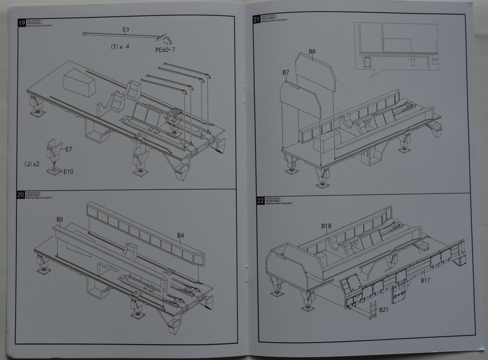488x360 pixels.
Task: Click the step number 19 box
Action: pos(22,23)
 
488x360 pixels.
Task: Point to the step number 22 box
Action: pos(261,201)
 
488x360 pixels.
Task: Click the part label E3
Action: pos(125,29)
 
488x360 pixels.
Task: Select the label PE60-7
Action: pos(165,50)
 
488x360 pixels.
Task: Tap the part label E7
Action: pos(69,149)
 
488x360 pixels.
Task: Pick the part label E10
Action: pos(68,172)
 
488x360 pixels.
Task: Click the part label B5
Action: pos(60,219)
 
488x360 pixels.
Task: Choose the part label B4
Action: pos(181,236)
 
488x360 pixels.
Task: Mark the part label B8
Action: pos(312,51)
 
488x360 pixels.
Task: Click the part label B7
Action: pos(286,72)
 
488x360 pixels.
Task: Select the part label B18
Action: pos(326,226)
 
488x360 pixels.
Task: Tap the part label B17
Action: pos(425,280)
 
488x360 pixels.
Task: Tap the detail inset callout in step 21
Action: pos(396,47)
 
